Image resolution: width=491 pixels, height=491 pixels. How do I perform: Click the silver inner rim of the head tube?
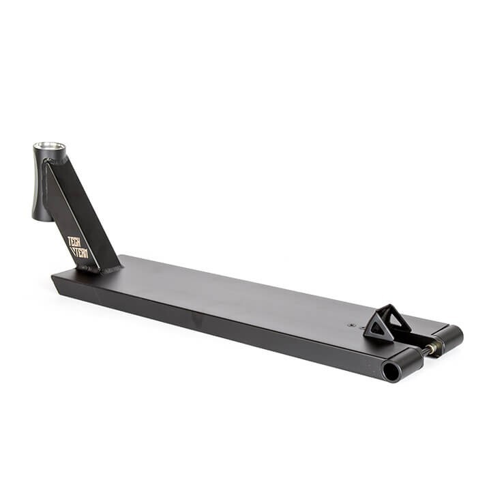pyautogui.click(x=50, y=146)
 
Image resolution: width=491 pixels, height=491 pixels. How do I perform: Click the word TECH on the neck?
pyautogui.click(x=74, y=242)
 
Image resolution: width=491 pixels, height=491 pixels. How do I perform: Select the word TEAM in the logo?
pyautogui.click(x=81, y=253)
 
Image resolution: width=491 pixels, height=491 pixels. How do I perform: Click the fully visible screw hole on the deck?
pyautogui.click(x=351, y=325)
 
